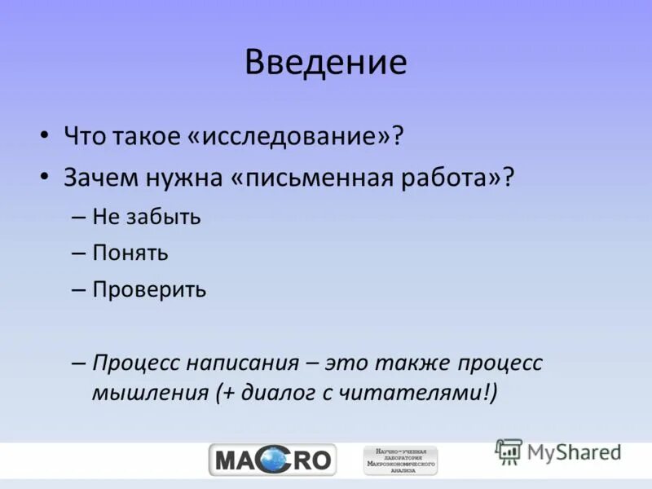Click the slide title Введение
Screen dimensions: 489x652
[x=325, y=64]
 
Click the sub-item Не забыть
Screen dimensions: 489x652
[x=146, y=216]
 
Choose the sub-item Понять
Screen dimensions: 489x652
[x=130, y=253]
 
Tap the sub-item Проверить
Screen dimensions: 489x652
[x=149, y=289]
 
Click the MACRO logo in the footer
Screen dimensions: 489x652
[x=272, y=460]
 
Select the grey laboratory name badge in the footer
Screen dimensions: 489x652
[x=400, y=460]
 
